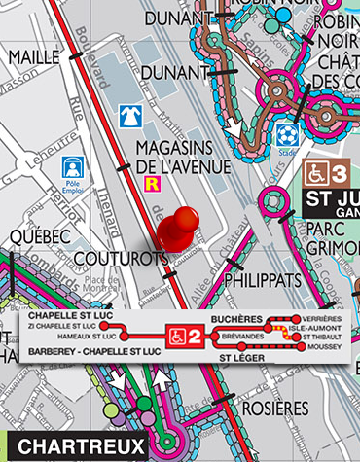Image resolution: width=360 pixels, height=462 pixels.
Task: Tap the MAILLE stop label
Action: (33, 57)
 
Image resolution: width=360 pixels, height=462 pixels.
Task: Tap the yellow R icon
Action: (151, 182)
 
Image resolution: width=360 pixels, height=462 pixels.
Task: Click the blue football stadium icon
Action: (285, 133)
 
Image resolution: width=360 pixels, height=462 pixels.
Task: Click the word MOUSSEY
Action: (322, 347)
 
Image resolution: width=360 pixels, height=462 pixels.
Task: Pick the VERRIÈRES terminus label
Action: (322, 319)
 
